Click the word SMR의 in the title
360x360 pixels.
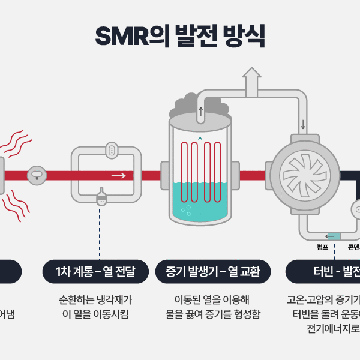click(130, 36)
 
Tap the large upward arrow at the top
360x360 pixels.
click(252, 80)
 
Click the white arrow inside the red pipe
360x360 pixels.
click(119, 175)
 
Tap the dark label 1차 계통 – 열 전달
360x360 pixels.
click(97, 272)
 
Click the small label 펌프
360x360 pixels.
click(322, 247)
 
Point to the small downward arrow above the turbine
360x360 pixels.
click(303, 125)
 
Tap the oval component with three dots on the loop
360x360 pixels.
click(112, 151)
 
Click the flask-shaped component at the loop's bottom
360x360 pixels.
click(101, 197)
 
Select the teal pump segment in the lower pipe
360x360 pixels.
click(334, 236)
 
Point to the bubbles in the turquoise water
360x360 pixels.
click(186, 210)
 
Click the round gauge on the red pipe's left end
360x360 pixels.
click(37, 175)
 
